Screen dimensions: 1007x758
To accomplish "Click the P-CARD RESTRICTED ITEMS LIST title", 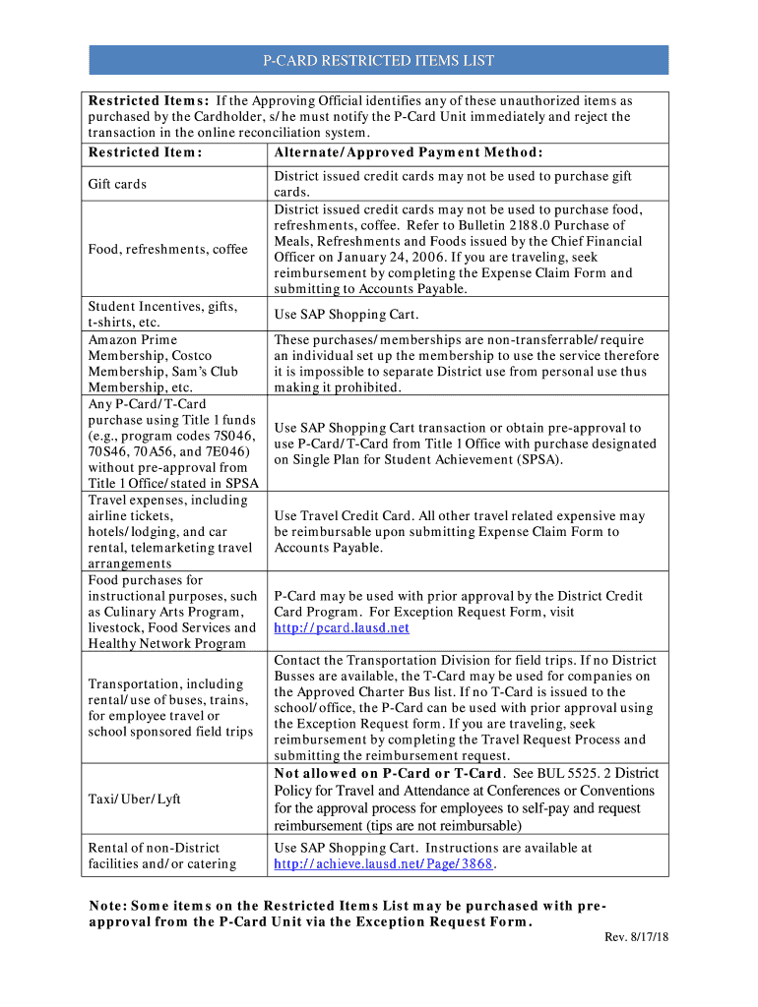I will pos(378,61).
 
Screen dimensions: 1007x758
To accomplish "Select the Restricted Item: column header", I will pos(145,151).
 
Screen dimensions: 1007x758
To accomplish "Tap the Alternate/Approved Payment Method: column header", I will pos(409,151).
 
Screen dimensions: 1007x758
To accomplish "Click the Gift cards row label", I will pos(117,184).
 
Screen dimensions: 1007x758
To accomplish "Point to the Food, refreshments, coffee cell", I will pos(167,249).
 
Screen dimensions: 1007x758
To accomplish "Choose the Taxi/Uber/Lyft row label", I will pos(134,800).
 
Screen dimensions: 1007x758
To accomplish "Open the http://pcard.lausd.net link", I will pos(342,627).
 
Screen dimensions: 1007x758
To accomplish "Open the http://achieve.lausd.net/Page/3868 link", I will pos(384,863).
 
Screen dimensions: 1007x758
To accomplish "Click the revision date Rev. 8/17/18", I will pos(636,937).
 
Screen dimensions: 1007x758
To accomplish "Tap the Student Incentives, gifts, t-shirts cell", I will pos(162,315).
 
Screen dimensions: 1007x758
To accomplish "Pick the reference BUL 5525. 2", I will pos(564,773).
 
